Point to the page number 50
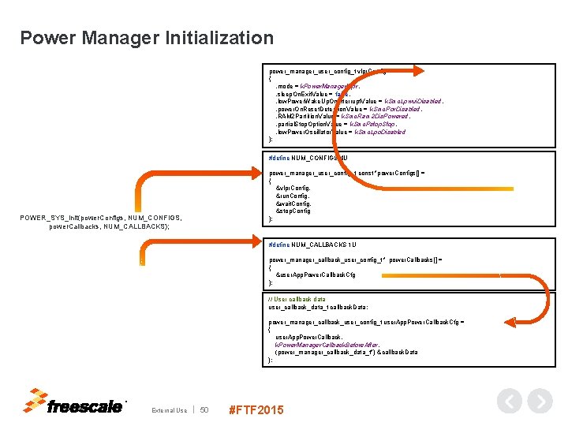(x=204, y=409)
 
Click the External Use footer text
(x=170, y=409)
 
